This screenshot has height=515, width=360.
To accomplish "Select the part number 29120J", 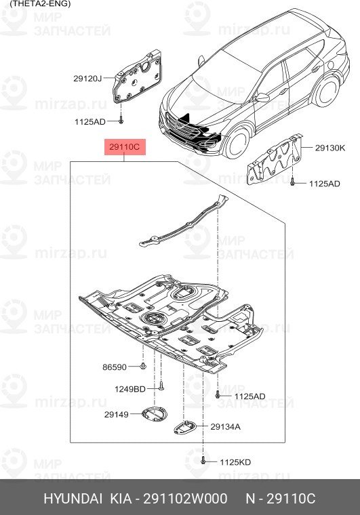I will point(87,79).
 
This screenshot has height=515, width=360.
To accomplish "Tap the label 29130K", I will point(329,147).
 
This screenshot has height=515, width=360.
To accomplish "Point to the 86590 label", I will point(115,367).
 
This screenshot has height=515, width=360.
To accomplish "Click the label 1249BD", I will point(129,389).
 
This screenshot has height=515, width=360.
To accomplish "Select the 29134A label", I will point(225,427).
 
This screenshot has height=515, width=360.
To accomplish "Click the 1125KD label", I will point(235,462).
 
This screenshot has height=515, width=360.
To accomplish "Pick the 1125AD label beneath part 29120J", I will point(90,121).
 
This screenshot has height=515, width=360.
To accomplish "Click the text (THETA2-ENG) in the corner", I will point(35,3).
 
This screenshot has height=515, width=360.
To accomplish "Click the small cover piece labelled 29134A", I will point(184,426).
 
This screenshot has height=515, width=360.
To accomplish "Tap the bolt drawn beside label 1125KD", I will point(204,461).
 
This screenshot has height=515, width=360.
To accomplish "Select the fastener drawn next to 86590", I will point(144,367).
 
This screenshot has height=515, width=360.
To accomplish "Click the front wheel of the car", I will point(237,145).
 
